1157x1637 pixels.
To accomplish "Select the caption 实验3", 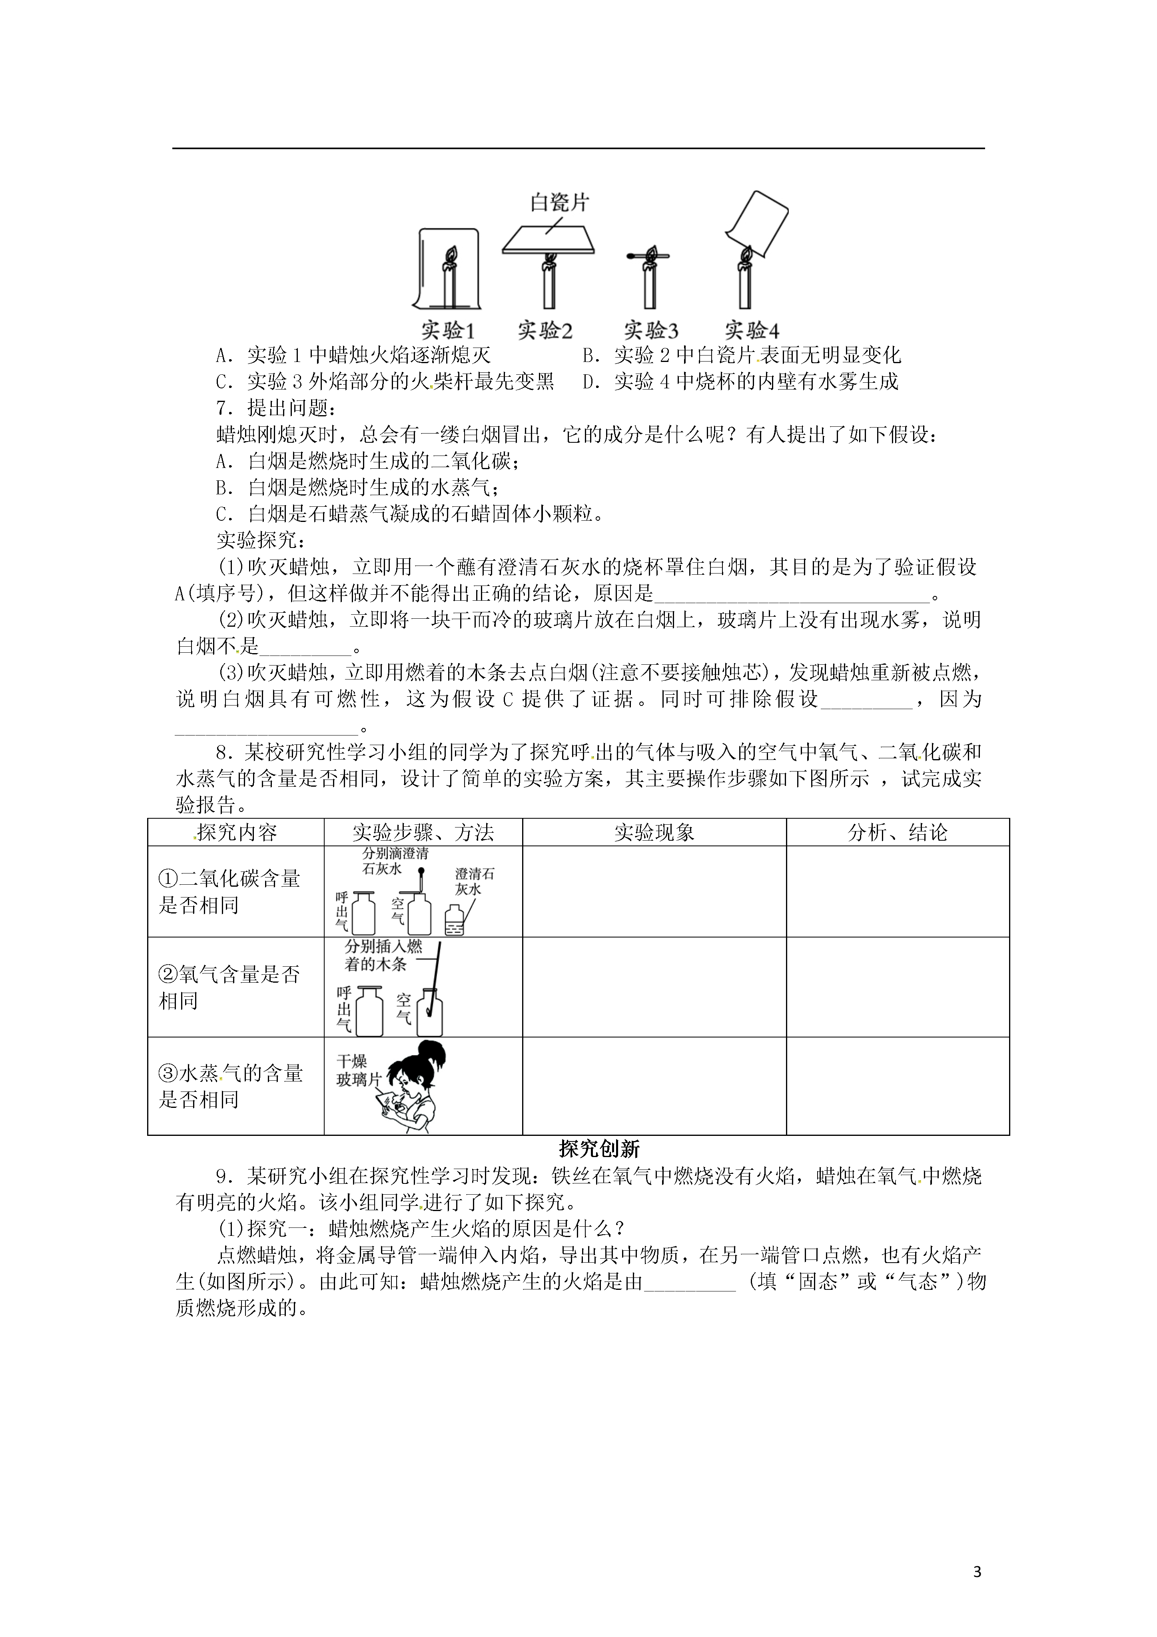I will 650,331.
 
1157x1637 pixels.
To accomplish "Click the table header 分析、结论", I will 898,832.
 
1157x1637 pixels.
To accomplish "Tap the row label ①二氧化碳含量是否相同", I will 229,892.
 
